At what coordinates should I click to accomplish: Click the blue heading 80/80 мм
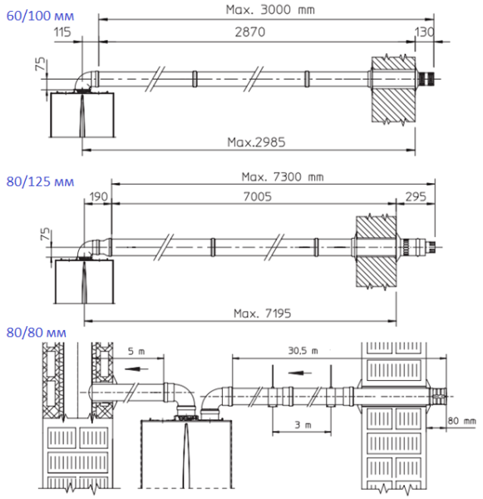click(x=27, y=333)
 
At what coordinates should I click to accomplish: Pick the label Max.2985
click(x=256, y=141)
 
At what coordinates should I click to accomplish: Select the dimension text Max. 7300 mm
click(x=282, y=176)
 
